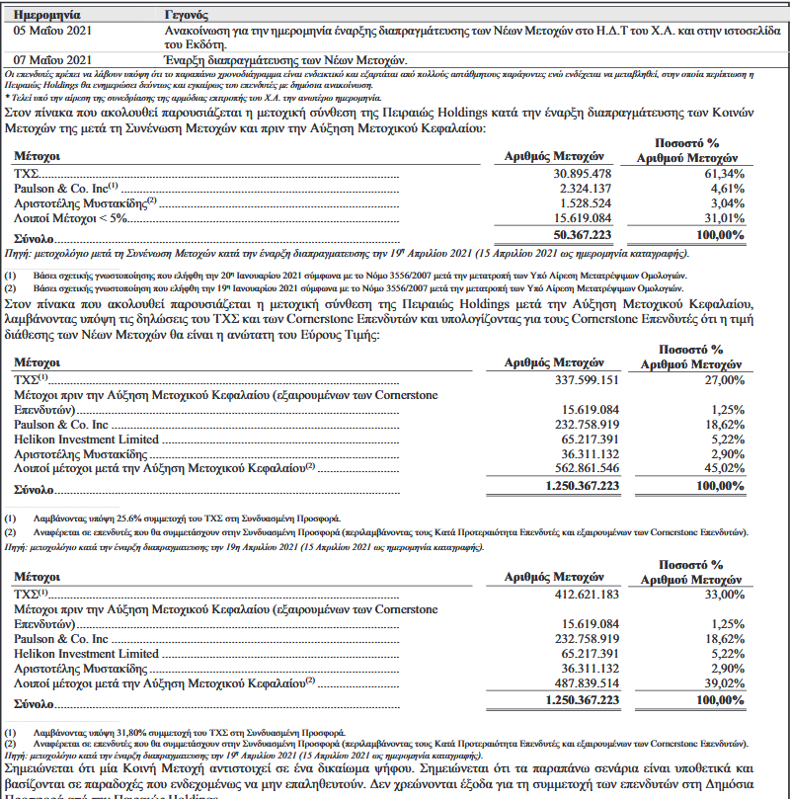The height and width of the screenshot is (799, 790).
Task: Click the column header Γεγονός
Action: pyautogui.click(x=188, y=17)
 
